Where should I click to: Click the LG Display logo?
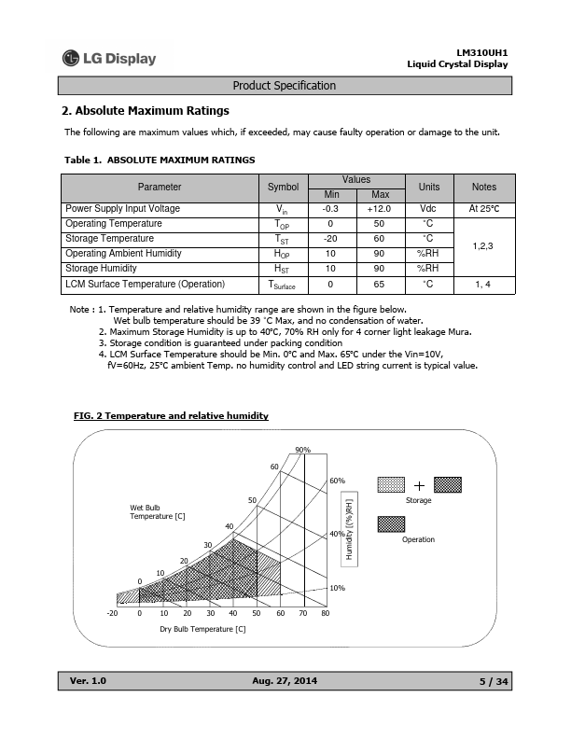[x=109, y=59]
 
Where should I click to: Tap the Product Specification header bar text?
[x=284, y=86]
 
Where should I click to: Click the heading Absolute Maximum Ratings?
[x=146, y=111]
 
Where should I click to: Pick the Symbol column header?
[x=283, y=187]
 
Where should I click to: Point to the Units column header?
[x=428, y=187]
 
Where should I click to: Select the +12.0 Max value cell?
[x=380, y=209]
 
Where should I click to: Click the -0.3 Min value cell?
[x=330, y=209]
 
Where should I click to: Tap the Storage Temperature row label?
[x=110, y=239]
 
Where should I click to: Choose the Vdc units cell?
[x=428, y=209]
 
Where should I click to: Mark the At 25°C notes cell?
[x=484, y=209]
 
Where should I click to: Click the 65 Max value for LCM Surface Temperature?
[x=380, y=284]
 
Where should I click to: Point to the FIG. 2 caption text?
[x=171, y=415]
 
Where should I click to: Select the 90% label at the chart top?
[x=302, y=450]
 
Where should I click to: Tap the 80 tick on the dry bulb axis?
[x=325, y=613]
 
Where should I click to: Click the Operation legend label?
[x=419, y=539]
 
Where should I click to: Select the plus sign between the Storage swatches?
[x=419, y=485]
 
